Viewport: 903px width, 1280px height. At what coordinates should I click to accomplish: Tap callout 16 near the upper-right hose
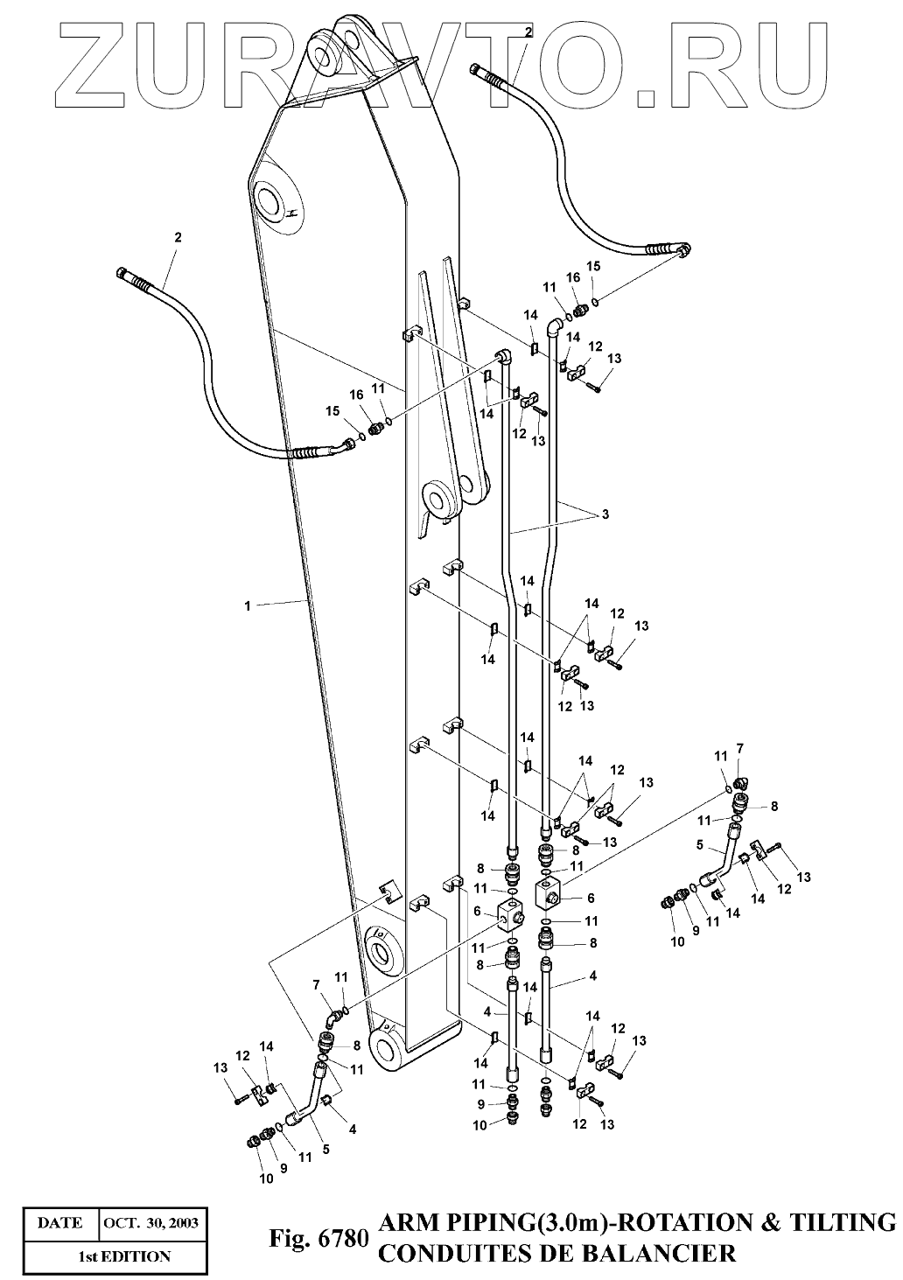point(574,277)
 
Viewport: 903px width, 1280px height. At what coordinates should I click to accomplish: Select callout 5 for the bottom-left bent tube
point(325,1149)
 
